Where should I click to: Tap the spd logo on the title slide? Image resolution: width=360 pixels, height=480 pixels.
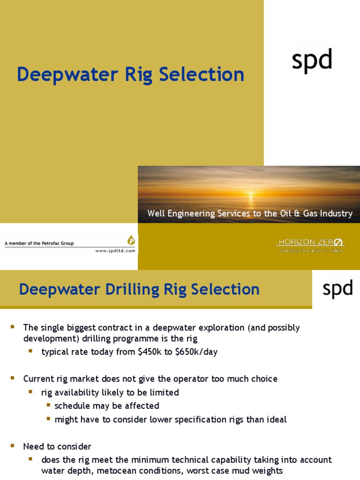tap(312, 60)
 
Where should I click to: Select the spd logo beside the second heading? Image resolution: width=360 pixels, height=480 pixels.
tap(337, 289)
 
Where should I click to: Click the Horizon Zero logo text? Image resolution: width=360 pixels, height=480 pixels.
tap(311, 242)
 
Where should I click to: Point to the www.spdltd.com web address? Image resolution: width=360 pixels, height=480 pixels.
tap(115, 251)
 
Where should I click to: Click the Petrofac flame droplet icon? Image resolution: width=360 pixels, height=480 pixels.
tap(130, 240)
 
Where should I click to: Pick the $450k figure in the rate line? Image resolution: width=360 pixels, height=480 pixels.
tap(148, 352)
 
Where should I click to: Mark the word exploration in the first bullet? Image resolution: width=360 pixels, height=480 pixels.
tap(217, 327)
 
